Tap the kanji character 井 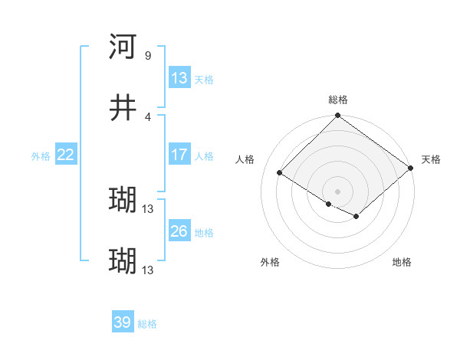click(123, 108)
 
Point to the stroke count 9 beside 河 click(147, 55)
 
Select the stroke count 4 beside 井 click(147, 116)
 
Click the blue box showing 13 click(179, 78)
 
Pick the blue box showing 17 click(179, 155)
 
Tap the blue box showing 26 click(179, 231)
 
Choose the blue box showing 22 click(66, 155)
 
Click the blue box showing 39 click(123, 322)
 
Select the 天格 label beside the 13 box click(203, 79)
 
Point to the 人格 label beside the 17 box click(203, 155)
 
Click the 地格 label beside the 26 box click(203, 232)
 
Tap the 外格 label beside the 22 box click(41, 155)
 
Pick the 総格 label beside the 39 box click(147, 323)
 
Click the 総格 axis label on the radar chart click(337, 100)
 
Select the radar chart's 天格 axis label click(431, 159)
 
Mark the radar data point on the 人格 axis click(280, 172)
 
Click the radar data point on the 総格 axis click(337, 116)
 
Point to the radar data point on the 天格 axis click(411, 169)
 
